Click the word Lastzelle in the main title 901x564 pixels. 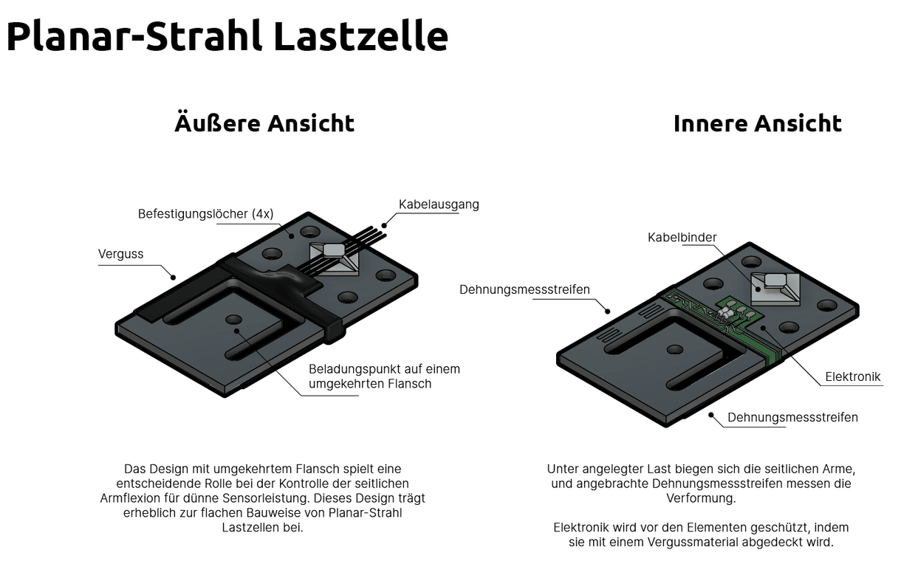(360, 36)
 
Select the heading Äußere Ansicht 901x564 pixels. (264, 123)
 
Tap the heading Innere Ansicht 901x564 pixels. (757, 123)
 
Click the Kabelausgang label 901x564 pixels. (439, 204)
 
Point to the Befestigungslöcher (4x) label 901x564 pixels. (205, 214)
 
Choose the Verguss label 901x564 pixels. (121, 254)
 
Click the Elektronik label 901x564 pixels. (852, 376)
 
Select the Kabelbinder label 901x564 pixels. (682, 237)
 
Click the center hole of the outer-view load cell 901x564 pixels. (234, 320)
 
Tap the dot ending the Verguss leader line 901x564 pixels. (174, 278)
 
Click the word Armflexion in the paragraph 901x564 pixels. (130, 498)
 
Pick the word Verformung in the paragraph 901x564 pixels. (701, 498)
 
